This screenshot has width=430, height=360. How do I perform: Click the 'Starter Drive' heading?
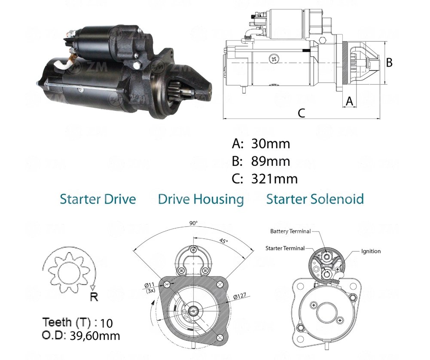tap(98, 199)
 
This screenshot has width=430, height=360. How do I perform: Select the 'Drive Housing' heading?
tap(201, 199)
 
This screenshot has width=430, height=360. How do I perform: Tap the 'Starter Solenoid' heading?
tap(315, 199)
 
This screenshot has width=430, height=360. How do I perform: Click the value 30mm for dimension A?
tap(271, 143)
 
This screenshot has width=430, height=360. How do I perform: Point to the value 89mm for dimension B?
tap(271, 161)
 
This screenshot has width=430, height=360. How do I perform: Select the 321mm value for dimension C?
tap(274, 179)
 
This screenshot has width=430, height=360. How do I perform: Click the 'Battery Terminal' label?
tap(290, 232)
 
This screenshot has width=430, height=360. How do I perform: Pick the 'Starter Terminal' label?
tap(285, 248)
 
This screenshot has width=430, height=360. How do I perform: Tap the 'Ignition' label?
tap(371, 251)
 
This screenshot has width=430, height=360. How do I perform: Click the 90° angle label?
tap(193, 223)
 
